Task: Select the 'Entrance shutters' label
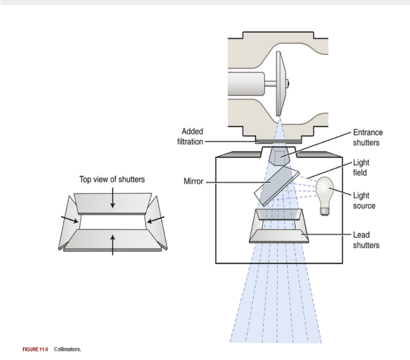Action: coord(368,138)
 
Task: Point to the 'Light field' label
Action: coord(361,167)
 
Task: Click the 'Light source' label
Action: coord(364,201)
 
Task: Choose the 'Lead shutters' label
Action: coord(366,240)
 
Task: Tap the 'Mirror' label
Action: coord(193,182)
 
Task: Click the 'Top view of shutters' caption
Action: coord(112,179)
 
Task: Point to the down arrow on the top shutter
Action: coord(113,199)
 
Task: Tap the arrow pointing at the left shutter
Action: coord(70,220)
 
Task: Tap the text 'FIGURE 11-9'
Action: coord(36,349)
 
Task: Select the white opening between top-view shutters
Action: coord(113,221)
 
